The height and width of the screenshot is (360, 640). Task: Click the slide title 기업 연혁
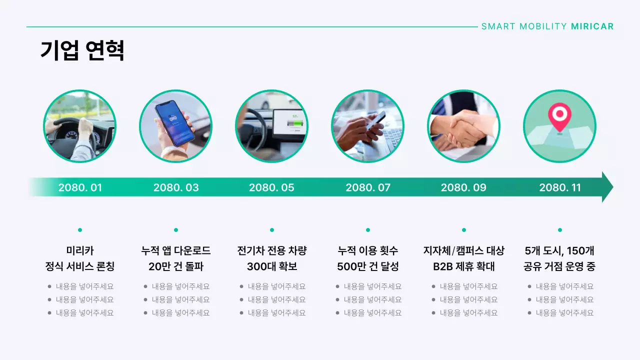tap(82, 50)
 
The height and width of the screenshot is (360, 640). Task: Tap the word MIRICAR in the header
tap(592, 26)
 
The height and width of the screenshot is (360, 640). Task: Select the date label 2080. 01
tap(80, 187)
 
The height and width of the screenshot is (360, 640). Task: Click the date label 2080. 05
tap(271, 187)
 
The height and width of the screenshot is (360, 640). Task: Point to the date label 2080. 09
tap(463, 187)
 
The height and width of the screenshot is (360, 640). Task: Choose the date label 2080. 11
tap(560, 187)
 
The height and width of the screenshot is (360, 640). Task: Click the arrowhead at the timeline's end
tap(607, 187)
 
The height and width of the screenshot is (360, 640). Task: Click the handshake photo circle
tap(463, 126)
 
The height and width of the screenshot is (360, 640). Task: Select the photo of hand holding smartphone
tap(175, 126)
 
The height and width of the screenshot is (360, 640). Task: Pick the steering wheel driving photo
tap(80, 126)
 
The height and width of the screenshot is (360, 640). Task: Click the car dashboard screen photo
tap(271, 126)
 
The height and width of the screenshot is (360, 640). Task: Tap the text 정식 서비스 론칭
tap(80, 266)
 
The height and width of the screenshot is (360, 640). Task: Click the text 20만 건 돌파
tap(176, 266)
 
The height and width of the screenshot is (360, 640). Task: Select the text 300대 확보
tap(272, 266)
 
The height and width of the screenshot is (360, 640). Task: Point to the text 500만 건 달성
tap(368, 266)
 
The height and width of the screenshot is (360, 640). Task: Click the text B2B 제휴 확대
tap(464, 266)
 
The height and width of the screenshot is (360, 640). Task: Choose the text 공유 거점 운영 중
tap(559, 266)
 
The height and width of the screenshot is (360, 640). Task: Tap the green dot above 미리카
tap(80, 230)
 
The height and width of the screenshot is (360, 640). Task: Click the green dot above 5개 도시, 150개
tap(560, 230)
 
